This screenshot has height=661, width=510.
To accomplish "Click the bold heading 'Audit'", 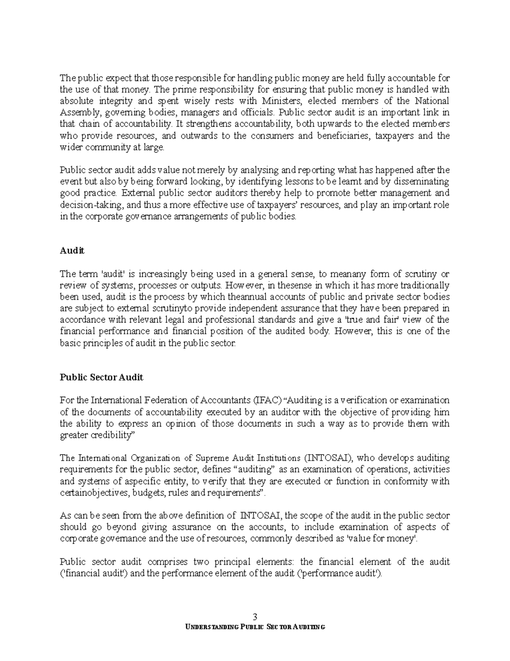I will pos(72,251).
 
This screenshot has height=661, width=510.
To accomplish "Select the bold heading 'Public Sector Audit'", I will pos(102,377).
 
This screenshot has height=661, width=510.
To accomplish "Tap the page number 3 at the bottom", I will pos(255,617).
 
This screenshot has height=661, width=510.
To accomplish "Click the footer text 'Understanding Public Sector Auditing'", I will pos(255,627).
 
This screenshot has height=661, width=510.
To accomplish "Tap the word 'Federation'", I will pos(162,400).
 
